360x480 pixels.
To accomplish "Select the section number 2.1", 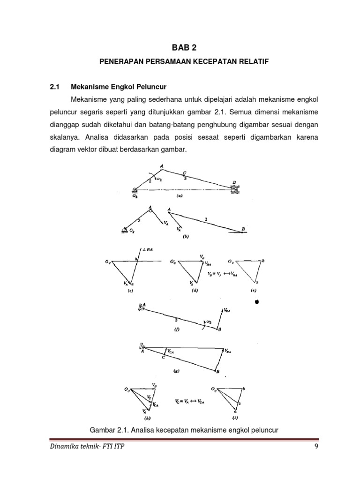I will coord(56,87).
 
